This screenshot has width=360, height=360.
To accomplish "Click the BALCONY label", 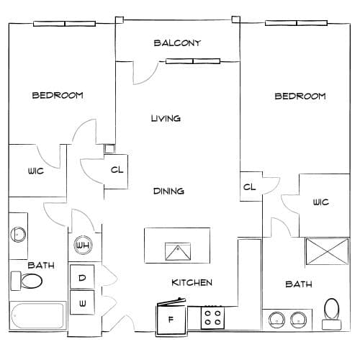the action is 177,43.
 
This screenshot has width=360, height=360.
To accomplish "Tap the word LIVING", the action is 166,118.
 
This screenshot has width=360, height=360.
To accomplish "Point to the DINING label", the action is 168,191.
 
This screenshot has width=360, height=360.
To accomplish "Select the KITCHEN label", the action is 192,282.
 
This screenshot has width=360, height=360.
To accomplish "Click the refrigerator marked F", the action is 171,318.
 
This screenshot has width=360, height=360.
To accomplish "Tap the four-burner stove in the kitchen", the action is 212,318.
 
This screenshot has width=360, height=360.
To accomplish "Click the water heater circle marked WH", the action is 83,245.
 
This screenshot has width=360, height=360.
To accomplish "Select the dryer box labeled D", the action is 82,277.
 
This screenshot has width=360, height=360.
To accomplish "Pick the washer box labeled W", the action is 82,302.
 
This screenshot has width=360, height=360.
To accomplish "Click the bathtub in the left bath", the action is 37,316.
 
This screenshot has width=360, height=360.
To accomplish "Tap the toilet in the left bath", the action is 27,281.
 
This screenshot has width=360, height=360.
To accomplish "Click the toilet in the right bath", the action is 332,314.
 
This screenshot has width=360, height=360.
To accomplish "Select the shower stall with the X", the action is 328,251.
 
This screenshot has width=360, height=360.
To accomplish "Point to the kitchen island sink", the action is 178,251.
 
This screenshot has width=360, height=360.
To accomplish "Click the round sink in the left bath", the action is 18,235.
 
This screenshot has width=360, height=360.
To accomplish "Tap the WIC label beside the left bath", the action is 36,171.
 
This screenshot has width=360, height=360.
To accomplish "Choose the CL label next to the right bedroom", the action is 249,186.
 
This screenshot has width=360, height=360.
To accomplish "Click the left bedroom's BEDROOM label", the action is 58,95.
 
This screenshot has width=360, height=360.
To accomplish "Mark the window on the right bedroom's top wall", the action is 297,23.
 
